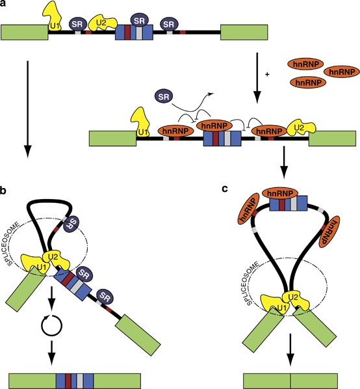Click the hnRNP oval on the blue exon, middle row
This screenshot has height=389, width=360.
point(214,126)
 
